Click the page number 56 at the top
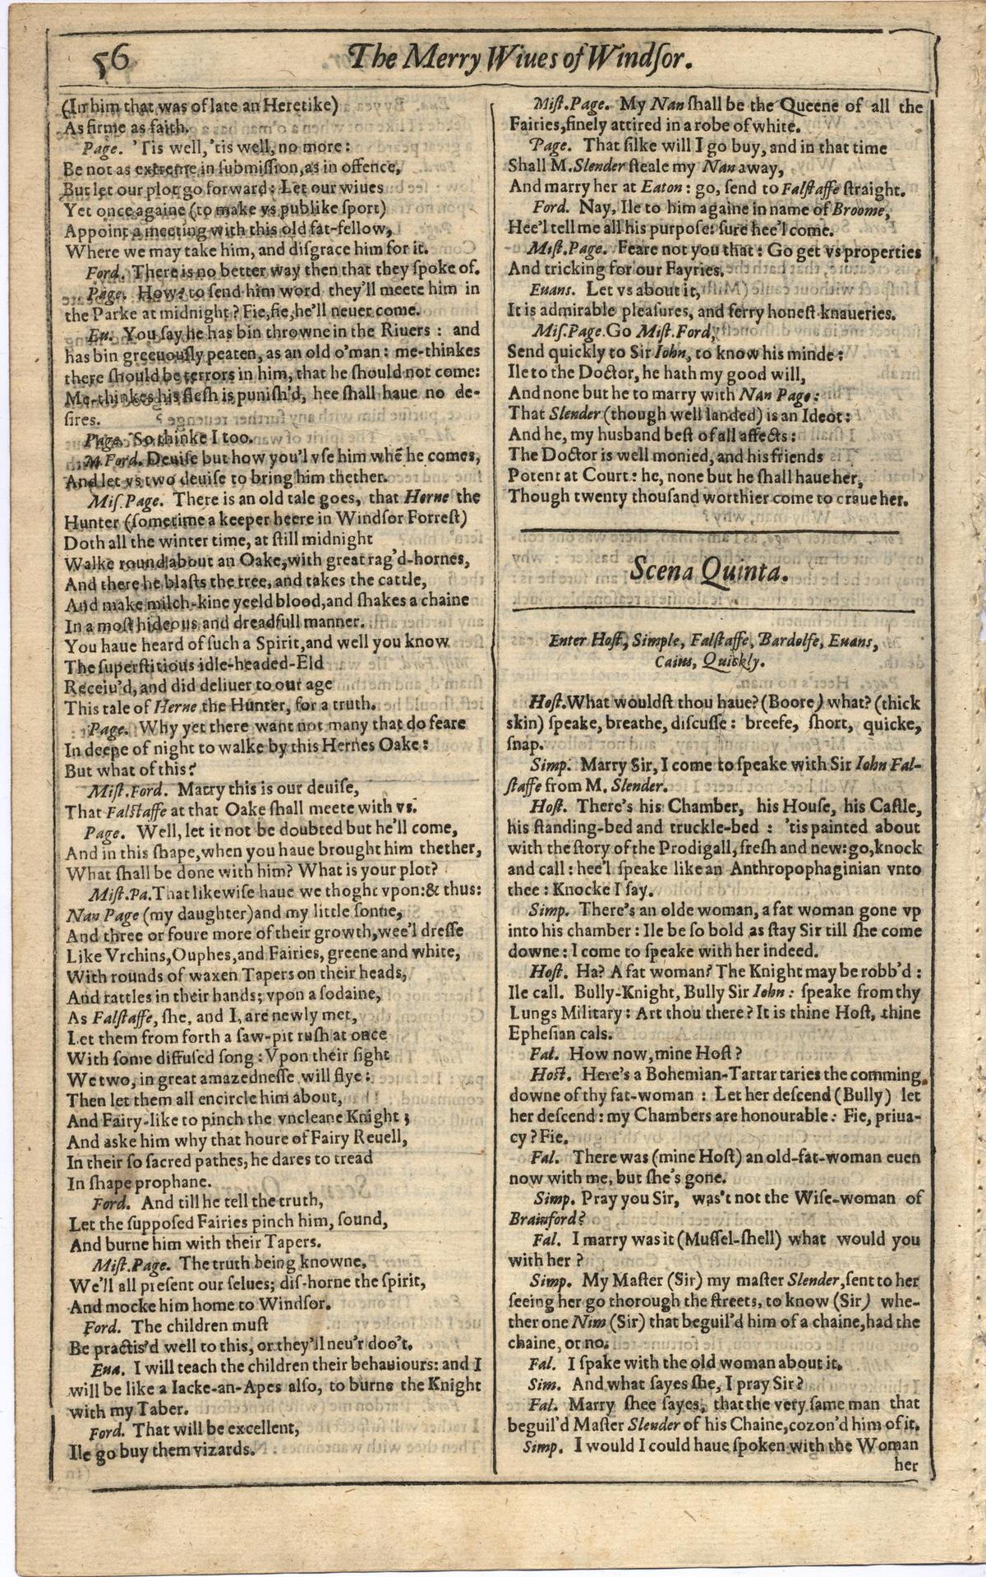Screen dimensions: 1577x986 coord(113,59)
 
